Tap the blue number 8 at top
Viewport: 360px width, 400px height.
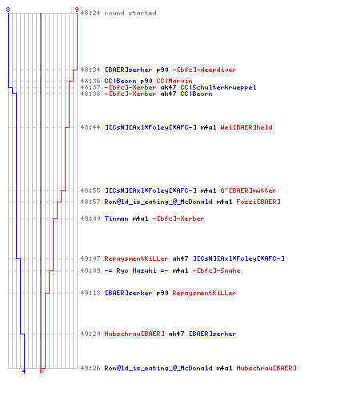point(8,10)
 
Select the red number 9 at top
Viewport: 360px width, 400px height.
point(77,10)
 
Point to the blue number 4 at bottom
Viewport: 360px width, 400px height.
point(24,371)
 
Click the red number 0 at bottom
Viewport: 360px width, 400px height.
point(41,371)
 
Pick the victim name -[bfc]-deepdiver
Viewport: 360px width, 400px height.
point(204,70)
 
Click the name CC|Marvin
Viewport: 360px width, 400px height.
point(174,81)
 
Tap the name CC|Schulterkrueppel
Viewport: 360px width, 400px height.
point(218,87)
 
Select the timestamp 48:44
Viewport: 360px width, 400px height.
point(90,127)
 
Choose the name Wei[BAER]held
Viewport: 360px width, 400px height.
point(246,127)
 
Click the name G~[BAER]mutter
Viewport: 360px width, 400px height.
point(248,190)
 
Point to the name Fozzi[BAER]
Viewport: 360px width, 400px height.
point(258,202)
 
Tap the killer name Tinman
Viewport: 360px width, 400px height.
point(116,218)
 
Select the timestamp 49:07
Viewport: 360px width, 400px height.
point(90,258)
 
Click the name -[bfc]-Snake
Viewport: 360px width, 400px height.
point(216,270)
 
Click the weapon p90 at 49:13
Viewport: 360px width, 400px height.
point(162,293)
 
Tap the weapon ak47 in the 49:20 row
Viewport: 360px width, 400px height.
point(176,334)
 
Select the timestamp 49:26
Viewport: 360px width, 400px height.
point(90,368)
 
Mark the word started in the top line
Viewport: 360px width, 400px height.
point(142,13)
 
